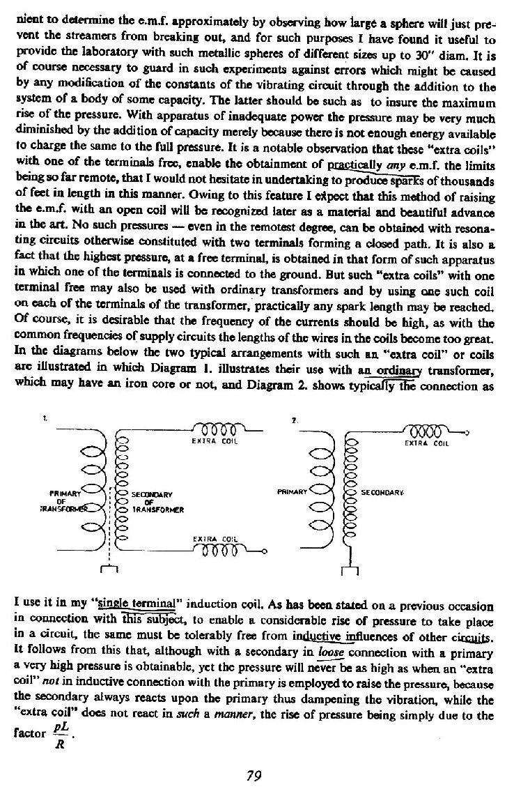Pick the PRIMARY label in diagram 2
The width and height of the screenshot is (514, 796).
point(292,489)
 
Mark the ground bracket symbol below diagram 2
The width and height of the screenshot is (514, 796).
point(352,572)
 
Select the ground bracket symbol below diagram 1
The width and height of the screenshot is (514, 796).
point(107,572)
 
